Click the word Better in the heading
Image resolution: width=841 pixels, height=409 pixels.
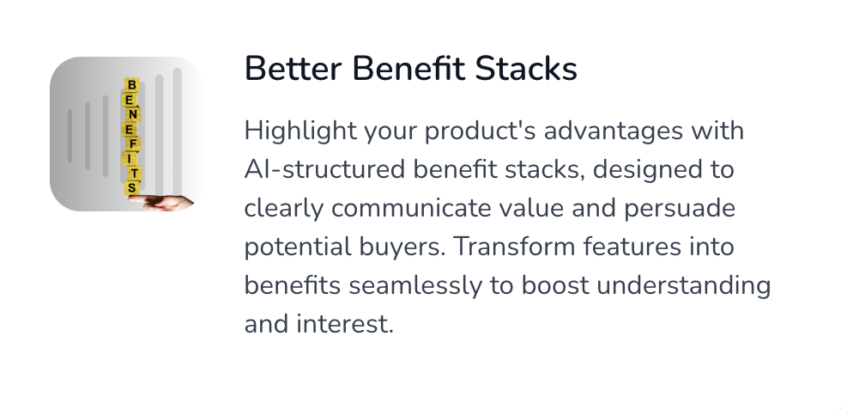coord(293,69)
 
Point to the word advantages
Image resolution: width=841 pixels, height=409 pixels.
coord(614,131)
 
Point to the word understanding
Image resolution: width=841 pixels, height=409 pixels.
coord(684,286)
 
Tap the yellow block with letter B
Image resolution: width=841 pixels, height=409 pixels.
coord(132,85)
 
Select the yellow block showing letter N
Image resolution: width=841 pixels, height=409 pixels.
coord(133,114)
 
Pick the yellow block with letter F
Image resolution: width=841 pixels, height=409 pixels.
coord(132,143)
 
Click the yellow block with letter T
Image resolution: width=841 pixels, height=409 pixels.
coord(134,173)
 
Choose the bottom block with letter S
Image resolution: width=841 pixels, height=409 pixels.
coord(132,188)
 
